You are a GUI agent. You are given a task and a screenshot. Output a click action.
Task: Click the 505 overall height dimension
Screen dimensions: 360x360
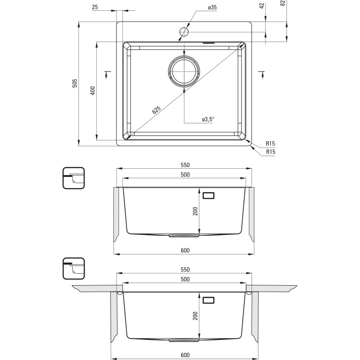75,83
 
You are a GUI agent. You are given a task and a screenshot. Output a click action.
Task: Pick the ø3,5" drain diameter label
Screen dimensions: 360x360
207,119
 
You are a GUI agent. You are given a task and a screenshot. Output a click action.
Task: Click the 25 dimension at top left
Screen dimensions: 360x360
95,7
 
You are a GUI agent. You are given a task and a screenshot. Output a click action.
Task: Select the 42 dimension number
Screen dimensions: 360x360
262,5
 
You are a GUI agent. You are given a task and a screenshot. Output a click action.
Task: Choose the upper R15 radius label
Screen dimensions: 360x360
270,144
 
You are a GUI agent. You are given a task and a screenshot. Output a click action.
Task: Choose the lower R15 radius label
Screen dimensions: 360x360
270,152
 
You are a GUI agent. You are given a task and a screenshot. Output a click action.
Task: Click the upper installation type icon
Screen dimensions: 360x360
73,179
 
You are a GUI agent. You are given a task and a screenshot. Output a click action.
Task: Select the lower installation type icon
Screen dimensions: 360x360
73,269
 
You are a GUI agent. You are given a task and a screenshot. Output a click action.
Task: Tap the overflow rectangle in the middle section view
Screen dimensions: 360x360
208,195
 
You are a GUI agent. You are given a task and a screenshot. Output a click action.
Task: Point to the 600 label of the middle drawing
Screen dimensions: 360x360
184,250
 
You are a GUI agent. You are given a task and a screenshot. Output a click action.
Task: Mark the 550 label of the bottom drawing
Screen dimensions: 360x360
184,270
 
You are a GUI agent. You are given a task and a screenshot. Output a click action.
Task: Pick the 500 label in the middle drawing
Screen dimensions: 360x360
184,175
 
